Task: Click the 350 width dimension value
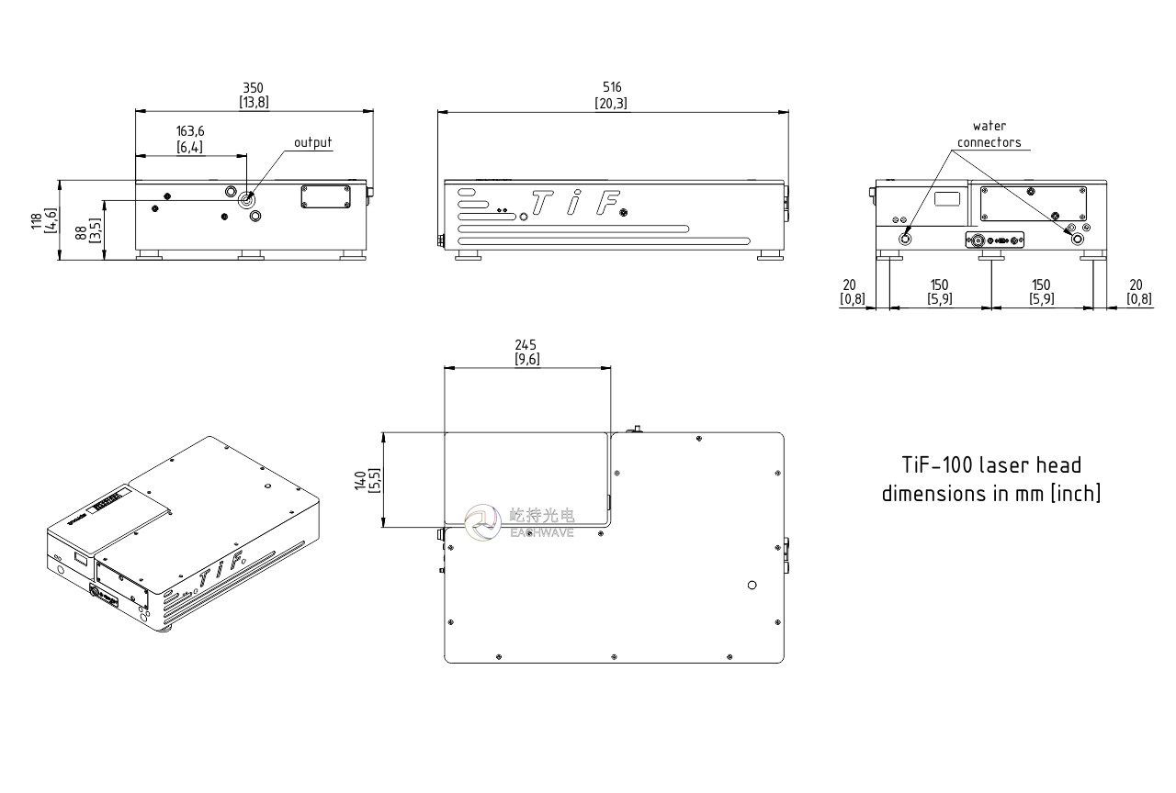click(x=253, y=88)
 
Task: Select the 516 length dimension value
click(x=612, y=87)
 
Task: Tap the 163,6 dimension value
click(x=190, y=131)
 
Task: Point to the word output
click(x=313, y=142)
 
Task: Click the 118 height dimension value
click(x=36, y=221)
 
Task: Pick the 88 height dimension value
click(x=81, y=233)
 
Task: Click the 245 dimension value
click(x=526, y=345)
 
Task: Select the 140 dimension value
click(x=361, y=480)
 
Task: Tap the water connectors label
click(x=989, y=134)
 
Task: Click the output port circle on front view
click(x=246, y=200)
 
